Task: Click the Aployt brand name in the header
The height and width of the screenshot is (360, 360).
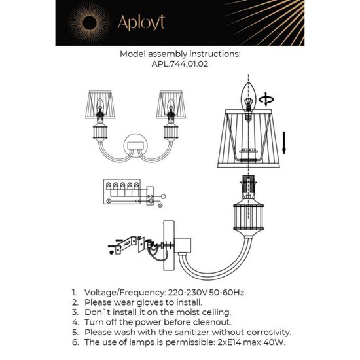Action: pos(140,23)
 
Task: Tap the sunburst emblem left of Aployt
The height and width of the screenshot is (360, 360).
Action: pos(90,24)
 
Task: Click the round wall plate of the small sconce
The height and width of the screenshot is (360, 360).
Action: pos(135,143)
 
